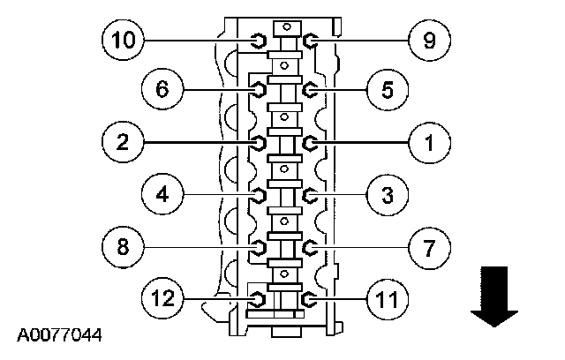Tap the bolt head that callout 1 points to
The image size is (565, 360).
(x=309, y=142)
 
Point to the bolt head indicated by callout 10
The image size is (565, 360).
(x=259, y=40)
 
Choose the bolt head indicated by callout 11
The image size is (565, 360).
(x=308, y=299)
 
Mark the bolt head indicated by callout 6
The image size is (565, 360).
(x=259, y=89)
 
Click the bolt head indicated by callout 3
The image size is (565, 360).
(x=309, y=194)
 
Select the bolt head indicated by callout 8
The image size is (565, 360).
(x=259, y=246)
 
